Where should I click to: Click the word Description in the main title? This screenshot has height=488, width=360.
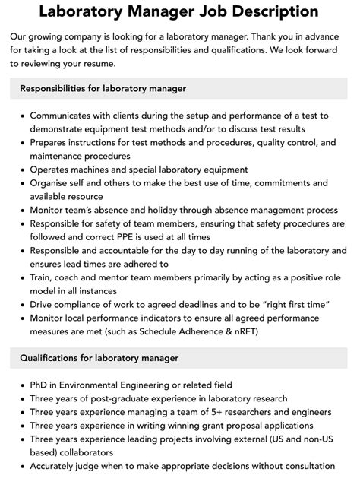264,12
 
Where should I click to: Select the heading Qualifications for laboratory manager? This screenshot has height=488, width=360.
99,357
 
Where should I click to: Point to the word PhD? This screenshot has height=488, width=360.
40,385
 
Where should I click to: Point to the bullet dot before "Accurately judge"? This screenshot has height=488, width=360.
21,466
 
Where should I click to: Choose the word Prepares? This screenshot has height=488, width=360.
52,142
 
